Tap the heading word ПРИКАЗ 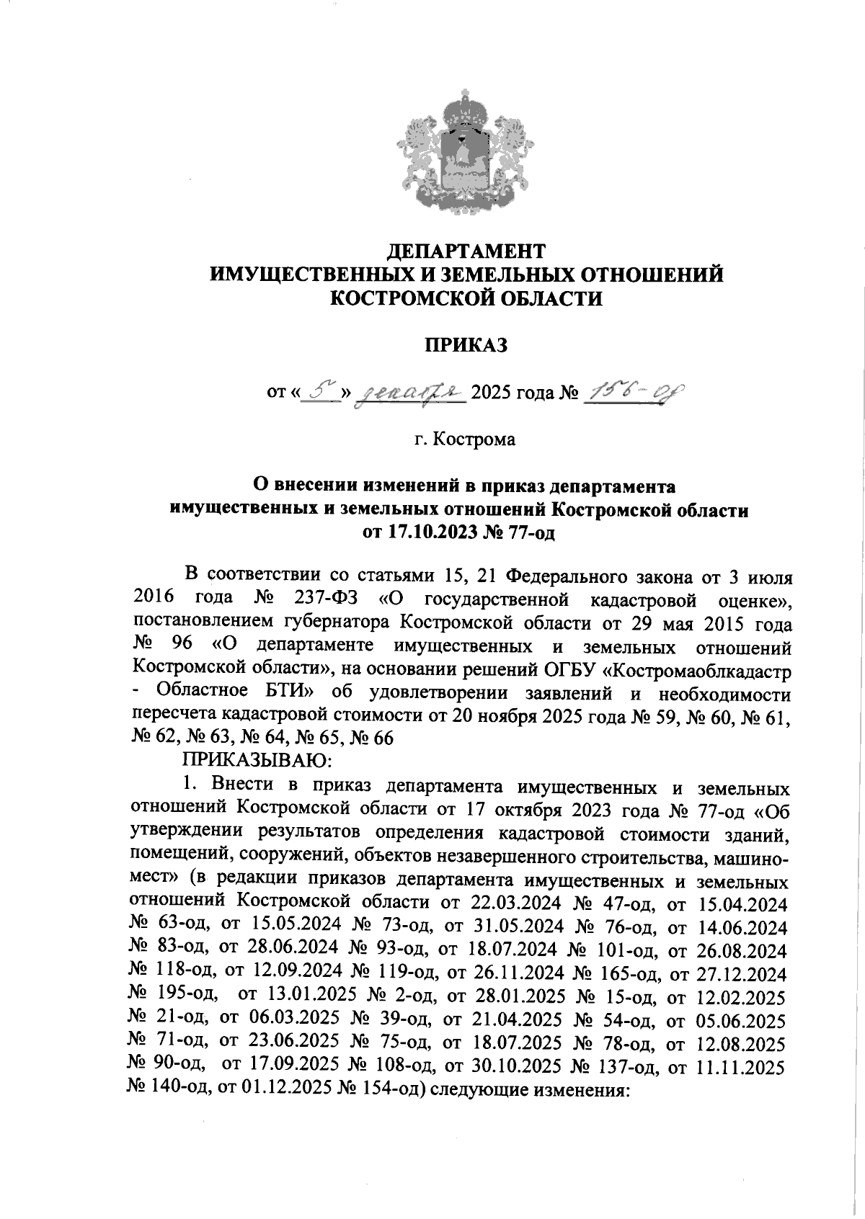click(465, 345)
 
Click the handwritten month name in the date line click(409, 393)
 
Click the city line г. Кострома click(465, 439)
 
